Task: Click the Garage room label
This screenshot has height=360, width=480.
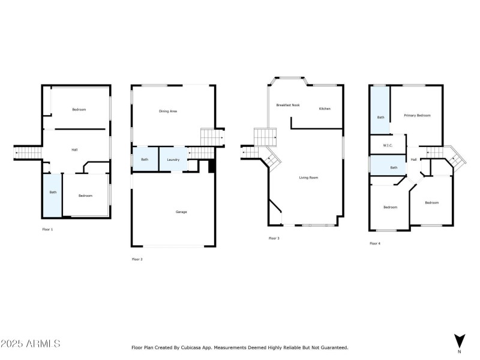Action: click(181, 212)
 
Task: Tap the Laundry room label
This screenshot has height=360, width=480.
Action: click(173, 160)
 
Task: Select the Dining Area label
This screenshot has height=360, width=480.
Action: click(168, 111)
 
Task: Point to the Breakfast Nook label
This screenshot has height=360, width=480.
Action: click(288, 106)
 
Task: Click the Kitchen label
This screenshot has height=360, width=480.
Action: click(325, 109)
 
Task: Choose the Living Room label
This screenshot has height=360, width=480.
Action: click(309, 178)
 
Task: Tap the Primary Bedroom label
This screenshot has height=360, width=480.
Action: click(417, 115)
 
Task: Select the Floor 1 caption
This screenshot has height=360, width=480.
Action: click(47, 230)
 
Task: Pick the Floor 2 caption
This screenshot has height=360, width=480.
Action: click(137, 259)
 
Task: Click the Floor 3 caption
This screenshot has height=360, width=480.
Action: click(274, 238)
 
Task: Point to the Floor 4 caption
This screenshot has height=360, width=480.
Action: click(374, 243)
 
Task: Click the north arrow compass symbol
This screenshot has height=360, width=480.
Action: click(460, 341)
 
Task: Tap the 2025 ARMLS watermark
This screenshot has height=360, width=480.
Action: click(31, 344)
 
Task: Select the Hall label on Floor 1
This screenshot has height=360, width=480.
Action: click(75, 150)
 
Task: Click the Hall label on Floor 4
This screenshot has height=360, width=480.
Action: click(414, 160)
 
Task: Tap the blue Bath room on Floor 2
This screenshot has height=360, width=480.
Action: click(145, 160)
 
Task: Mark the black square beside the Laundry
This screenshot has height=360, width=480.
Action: click(211, 166)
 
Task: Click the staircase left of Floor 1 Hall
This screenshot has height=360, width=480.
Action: click(28, 154)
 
